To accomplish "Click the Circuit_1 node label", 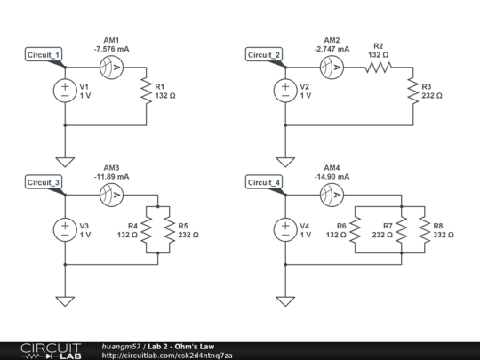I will (44, 55).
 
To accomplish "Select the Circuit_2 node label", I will (264, 55).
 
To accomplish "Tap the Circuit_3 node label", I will (44, 182).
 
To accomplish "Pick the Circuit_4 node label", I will (264, 182).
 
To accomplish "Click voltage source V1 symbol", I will (66, 91).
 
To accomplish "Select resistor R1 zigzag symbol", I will (145, 91).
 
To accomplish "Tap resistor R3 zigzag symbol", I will (412, 91).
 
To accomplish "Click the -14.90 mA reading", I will (332, 176).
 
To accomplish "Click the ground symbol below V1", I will (66, 161).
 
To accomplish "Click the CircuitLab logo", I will (41, 350).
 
